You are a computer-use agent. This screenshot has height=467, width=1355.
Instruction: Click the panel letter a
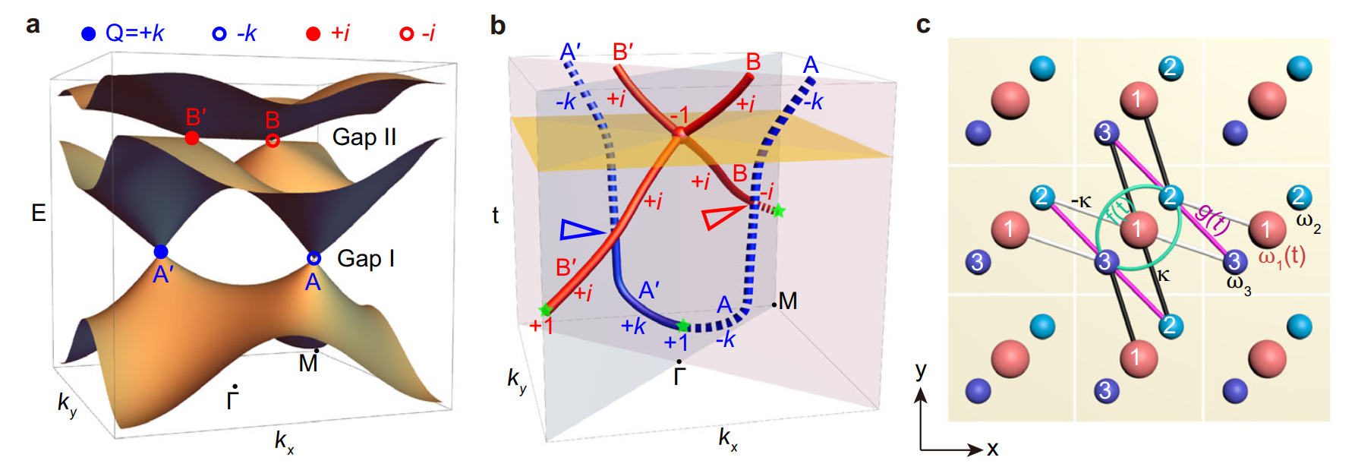point(33,25)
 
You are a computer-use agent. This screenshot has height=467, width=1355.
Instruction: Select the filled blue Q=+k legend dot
point(89,33)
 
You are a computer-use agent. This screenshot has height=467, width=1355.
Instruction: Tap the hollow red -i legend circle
point(406,33)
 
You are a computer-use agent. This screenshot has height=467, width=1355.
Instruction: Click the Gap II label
point(364,137)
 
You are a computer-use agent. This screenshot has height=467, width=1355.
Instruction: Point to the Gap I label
point(366,259)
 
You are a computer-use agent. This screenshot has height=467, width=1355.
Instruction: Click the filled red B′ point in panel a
point(192,137)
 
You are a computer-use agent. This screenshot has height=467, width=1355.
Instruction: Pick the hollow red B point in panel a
point(273,140)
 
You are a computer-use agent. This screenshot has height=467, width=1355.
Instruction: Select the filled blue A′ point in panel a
point(161,252)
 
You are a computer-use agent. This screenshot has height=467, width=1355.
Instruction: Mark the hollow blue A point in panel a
point(314,259)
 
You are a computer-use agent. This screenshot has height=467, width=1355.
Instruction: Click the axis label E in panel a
point(39,213)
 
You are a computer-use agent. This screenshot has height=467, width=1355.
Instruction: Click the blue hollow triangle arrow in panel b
point(580,229)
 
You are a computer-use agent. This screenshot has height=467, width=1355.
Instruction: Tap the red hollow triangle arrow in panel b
point(721,216)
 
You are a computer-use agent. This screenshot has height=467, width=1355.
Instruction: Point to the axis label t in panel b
point(495,215)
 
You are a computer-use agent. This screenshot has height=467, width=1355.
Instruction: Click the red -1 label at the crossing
point(679,116)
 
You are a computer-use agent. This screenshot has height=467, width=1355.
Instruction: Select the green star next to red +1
point(545,310)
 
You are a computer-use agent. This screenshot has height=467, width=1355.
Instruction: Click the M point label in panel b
point(787,301)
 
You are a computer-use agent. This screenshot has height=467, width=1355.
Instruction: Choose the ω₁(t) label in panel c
point(1282,257)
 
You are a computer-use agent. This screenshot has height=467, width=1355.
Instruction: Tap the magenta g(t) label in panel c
point(1212,219)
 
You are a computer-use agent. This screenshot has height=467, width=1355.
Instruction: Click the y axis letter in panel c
point(921,371)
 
